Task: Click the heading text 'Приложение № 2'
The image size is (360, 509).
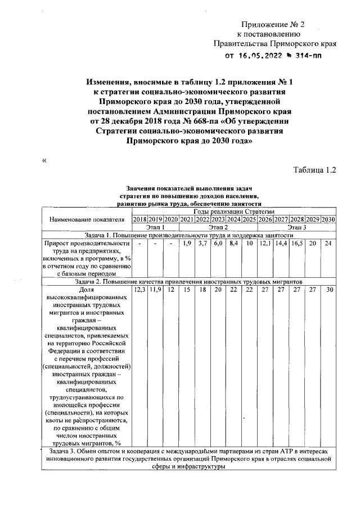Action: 272,24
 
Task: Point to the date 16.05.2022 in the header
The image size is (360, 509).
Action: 260,56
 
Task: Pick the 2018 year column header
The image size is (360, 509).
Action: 139,219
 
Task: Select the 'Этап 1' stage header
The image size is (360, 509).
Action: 155,227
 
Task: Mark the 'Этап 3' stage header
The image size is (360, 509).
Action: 296,227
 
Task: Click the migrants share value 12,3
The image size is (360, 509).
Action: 139,289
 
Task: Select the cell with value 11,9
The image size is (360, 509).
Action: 155,289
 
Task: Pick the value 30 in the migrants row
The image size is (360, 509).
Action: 330,289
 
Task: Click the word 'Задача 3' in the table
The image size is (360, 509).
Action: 64,451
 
